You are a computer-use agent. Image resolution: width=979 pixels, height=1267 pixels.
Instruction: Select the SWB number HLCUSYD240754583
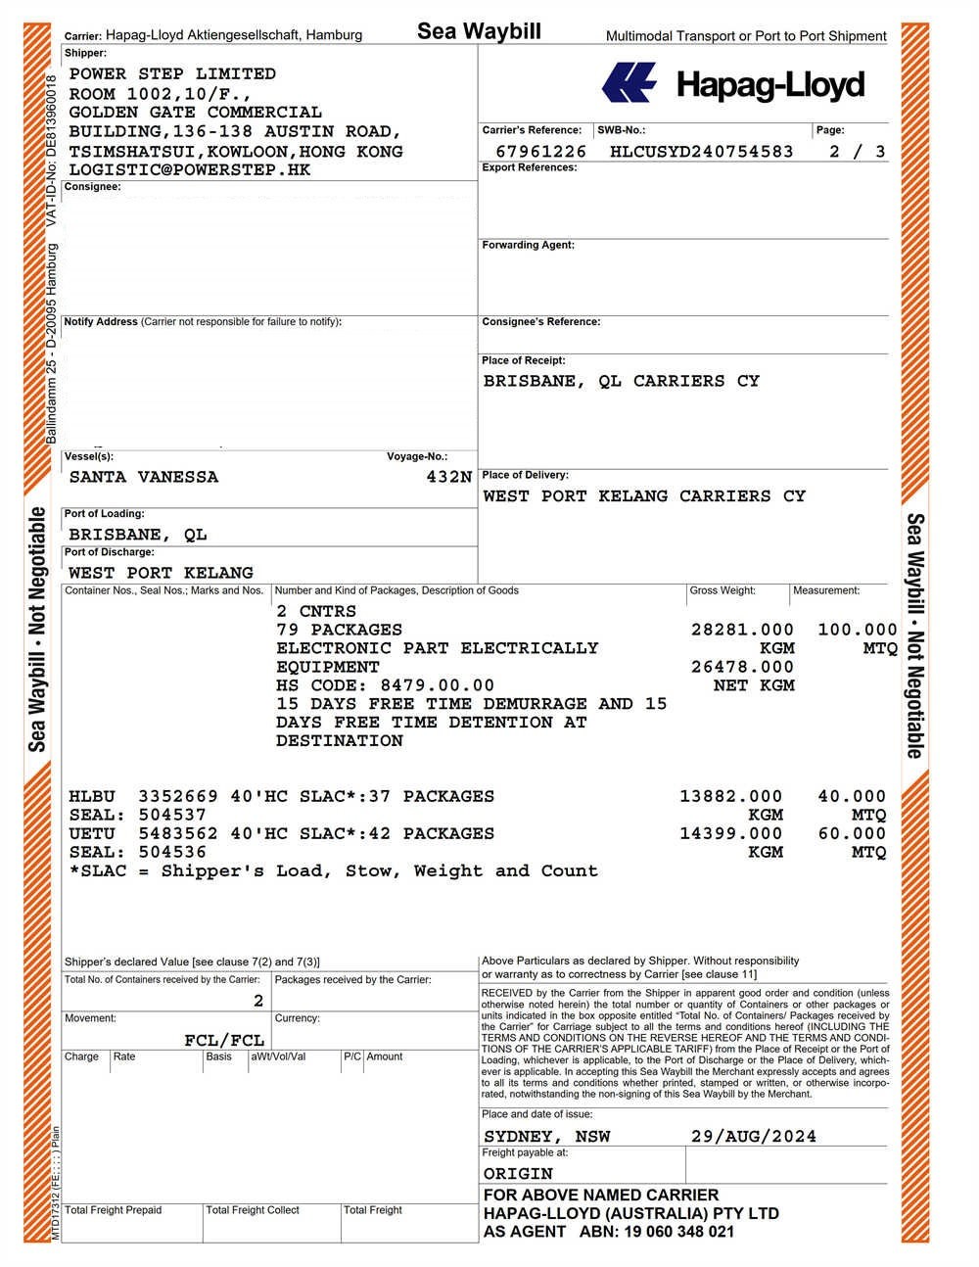(701, 152)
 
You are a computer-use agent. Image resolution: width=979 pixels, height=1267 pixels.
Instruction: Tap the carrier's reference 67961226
(540, 152)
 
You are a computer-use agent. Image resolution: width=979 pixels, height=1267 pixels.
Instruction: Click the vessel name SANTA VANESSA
(144, 478)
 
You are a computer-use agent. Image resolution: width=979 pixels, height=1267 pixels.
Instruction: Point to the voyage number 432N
(448, 478)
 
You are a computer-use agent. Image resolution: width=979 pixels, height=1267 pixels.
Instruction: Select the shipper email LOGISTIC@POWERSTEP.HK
(190, 170)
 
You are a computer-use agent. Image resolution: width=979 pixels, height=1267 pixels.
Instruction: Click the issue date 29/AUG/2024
(753, 1137)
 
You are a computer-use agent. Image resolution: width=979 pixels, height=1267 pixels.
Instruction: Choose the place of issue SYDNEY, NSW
(546, 1137)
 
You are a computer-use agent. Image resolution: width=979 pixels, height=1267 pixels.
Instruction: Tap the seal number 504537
(172, 816)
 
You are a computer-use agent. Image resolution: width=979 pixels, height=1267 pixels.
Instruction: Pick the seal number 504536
(172, 853)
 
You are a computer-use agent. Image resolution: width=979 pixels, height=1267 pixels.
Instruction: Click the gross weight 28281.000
(742, 631)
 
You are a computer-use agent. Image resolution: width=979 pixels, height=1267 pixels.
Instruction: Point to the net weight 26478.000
(742, 668)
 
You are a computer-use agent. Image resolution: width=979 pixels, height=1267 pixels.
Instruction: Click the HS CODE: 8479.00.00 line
(385, 686)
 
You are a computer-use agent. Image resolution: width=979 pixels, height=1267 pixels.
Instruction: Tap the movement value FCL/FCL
(224, 1041)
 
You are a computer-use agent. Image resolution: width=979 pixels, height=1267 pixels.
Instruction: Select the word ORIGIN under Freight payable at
(518, 1174)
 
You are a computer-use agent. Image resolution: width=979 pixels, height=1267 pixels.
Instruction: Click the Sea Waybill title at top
(479, 31)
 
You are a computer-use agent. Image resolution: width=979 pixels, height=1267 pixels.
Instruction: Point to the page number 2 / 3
(857, 152)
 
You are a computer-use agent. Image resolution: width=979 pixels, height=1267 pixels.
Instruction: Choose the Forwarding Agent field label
(528, 245)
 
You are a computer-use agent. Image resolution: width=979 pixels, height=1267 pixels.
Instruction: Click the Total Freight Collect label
(253, 1210)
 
